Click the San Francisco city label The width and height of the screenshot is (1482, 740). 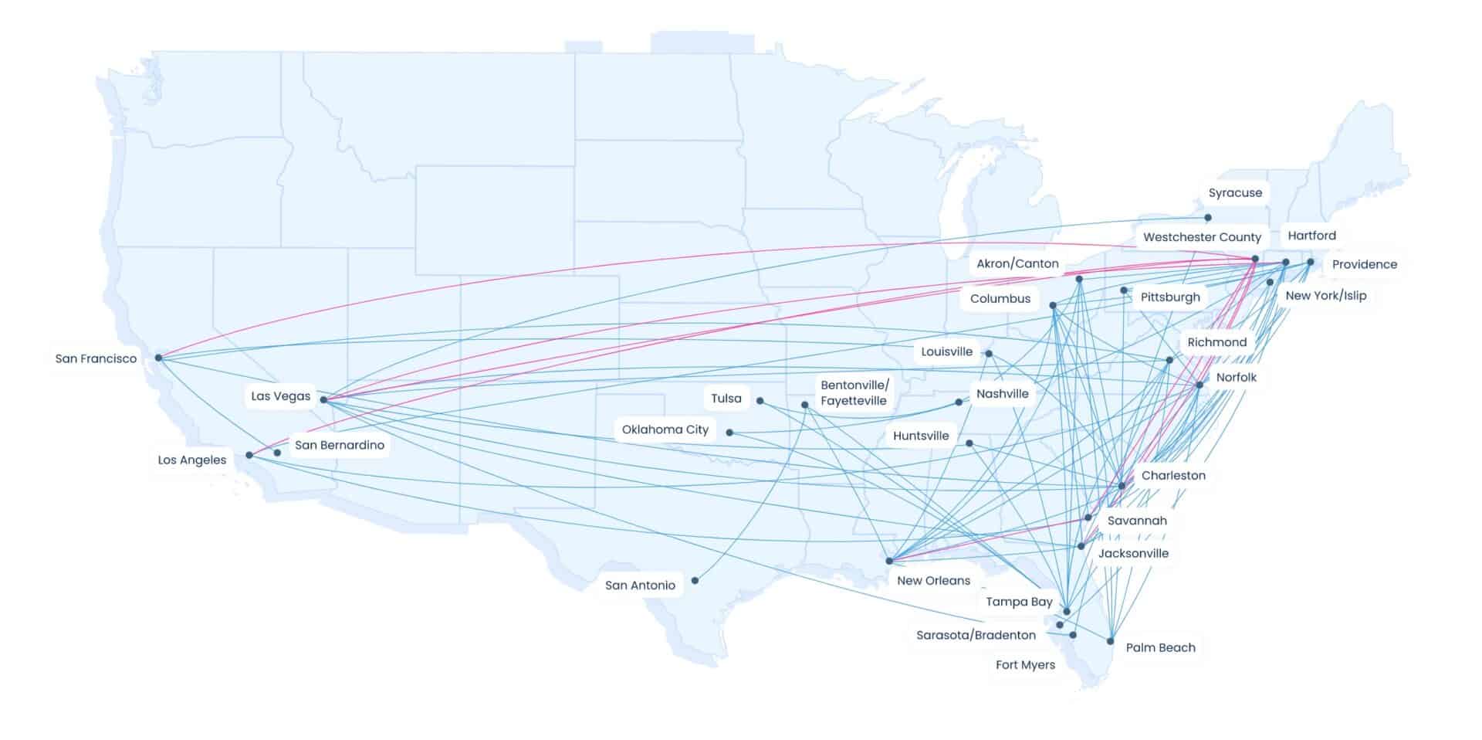pyautogui.click(x=96, y=358)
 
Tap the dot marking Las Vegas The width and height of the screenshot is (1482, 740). pyautogui.click(x=323, y=400)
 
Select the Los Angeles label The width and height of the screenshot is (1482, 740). pyautogui.click(x=192, y=460)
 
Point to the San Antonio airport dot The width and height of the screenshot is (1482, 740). pyautogui.click(x=695, y=580)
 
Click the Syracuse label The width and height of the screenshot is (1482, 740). pyautogui.click(x=1235, y=193)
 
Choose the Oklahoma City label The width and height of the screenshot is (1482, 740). pyautogui.click(x=665, y=429)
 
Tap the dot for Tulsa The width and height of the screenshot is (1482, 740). pyautogui.click(x=760, y=401)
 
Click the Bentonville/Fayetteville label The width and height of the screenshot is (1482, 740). pyautogui.click(x=854, y=392)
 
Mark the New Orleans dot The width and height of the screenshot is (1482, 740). pyautogui.click(x=889, y=561)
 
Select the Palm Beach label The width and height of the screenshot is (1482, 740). pyautogui.click(x=1160, y=647)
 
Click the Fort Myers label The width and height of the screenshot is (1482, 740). pyautogui.click(x=1025, y=664)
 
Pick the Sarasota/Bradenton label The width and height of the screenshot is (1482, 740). pyautogui.click(x=976, y=635)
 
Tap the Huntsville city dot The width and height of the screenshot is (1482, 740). pyautogui.click(x=969, y=443)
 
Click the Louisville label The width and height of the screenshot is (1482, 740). pyautogui.click(x=946, y=351)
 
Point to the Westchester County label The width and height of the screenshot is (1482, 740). pyautogui.click(x=1202, y=237)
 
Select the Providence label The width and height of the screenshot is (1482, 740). pyautogui.click(x=1364, y=264)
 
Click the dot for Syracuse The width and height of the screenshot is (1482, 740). pyautogui.click(x=1208, y=218)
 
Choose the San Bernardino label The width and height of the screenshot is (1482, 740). pyautogui.click(x=339, y=445)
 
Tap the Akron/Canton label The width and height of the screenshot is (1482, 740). pyautogui.click(x=1017, y=263)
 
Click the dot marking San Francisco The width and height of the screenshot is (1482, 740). pyautogui.click(x=158, y=358)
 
